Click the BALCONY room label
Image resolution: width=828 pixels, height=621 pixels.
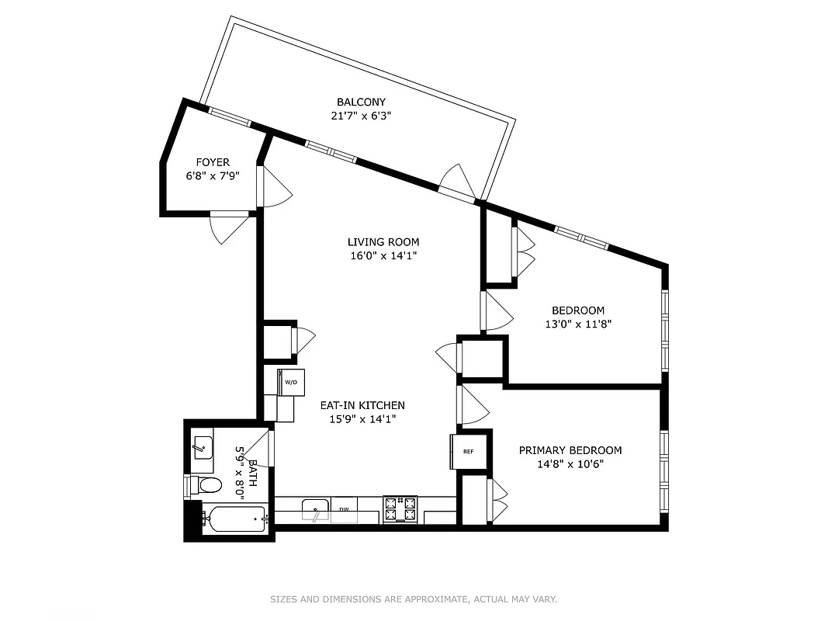tap(361, 102)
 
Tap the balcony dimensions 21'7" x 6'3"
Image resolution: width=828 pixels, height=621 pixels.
tap(361, 116)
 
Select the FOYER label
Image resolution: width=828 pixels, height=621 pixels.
tap(212, 162)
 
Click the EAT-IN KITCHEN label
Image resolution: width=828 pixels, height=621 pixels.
tap(362, 405)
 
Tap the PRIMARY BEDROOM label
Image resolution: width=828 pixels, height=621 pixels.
tap(570, 450)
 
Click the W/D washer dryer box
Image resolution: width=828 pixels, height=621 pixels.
tap(291, 382)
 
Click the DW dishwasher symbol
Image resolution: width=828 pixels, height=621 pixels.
tap(344, 510)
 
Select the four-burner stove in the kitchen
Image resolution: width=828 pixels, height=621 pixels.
tap(400, 509)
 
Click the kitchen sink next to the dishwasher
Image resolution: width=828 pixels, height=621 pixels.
tap(315, 510)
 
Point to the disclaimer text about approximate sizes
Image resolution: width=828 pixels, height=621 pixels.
tap(414, 599)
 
